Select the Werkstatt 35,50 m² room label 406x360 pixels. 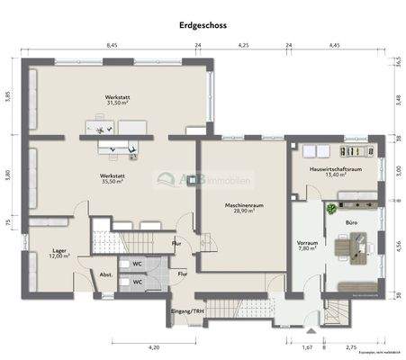[x=112, y=177]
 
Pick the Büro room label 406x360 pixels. [x=352, y=219]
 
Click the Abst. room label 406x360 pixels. [x=104, y=275]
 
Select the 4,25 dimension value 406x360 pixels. [x=244, y=44]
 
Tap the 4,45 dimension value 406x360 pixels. [x=334, y=44]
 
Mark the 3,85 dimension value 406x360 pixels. [x=6, y=95]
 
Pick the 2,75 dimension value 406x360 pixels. [x=351, y=346]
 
